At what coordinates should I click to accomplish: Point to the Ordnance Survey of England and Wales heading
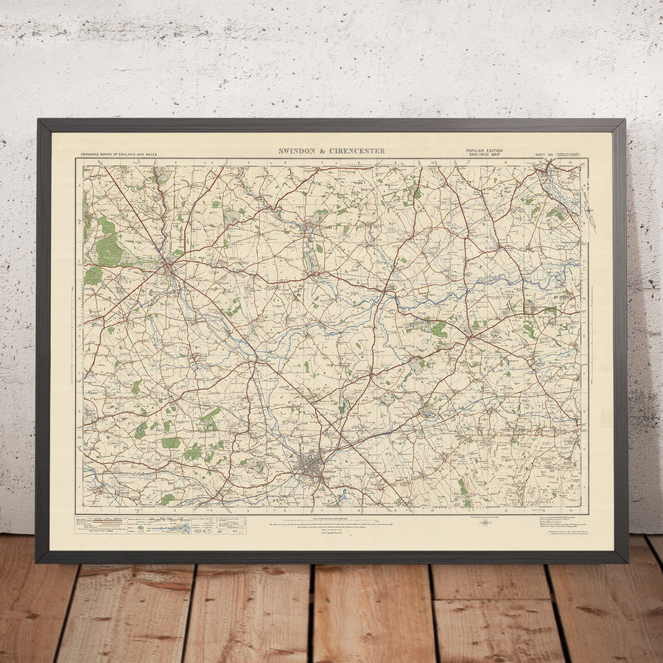tap(118, 155)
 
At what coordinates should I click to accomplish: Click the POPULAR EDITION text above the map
tap(484, 150)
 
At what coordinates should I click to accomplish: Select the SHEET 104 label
tap(544, 155)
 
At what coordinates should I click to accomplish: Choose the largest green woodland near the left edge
tap(108, 250)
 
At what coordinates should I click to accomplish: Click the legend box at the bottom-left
tap(133, 524)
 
